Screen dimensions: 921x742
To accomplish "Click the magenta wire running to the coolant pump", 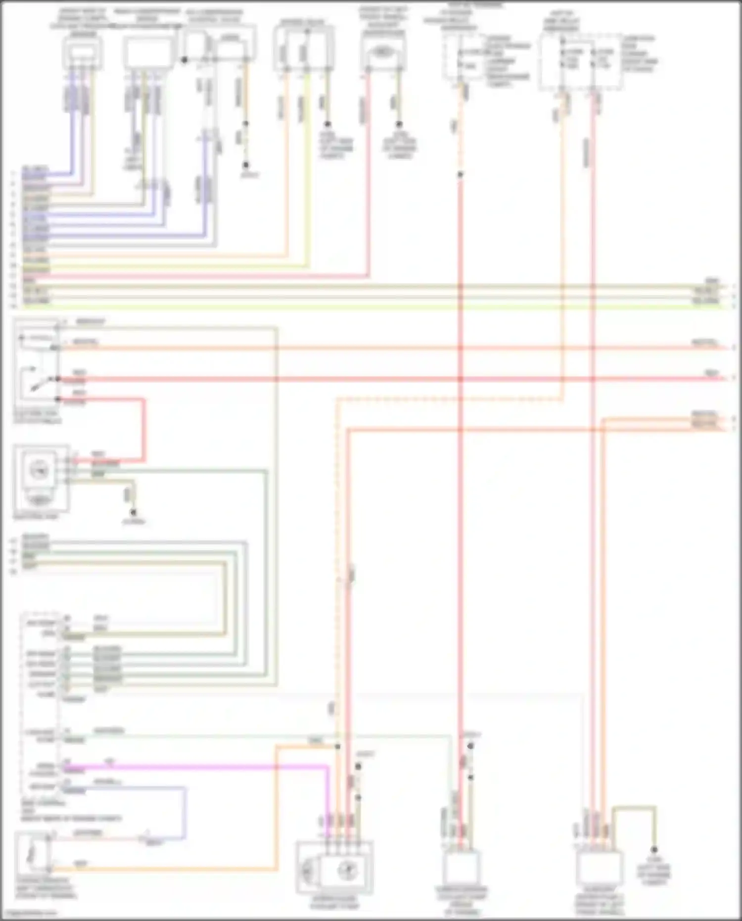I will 198,767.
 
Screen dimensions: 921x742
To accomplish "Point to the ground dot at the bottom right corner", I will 654,850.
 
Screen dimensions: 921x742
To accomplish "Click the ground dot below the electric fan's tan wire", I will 133,513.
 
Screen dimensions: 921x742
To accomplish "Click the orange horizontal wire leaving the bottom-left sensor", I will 163,870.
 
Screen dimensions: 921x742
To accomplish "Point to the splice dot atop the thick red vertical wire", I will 460,175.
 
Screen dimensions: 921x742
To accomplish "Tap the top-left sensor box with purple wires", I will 82,52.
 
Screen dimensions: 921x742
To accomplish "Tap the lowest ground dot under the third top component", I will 245,165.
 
